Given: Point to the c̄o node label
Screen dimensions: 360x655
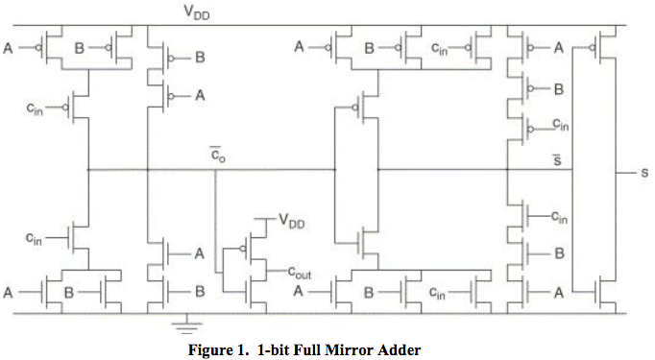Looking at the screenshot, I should pos(218,153).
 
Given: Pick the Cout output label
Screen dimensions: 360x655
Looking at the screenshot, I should pos(299,273).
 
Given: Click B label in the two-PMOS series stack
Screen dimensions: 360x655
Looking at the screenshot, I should pos(200,57).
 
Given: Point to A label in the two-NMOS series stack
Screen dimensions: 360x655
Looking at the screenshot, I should pos(200,253).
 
